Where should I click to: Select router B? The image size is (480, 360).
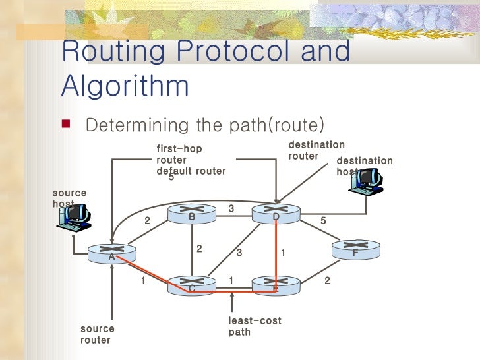[x=191, y=214]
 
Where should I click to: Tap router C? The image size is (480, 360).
[x=191, y=285]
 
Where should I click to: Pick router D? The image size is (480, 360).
[x=276, y=214]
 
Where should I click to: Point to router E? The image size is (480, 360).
[x=276, y=285]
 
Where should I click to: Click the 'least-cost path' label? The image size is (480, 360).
[x=255, y=326]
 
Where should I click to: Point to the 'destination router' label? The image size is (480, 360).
[x=316, y=150]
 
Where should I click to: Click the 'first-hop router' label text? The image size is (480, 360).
[x=179, y=154]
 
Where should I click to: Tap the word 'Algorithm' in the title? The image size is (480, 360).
[x=125, y=86]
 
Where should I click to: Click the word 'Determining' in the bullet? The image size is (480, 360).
[x=138, y=125]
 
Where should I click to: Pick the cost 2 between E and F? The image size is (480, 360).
[x=327, y=281]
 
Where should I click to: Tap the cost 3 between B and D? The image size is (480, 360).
[x=231, y=208]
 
